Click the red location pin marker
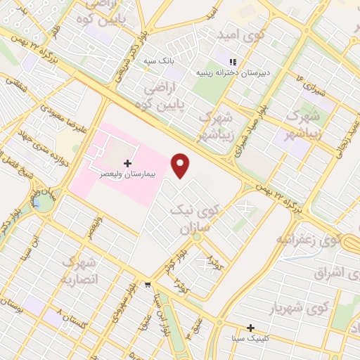(x=181, y=165)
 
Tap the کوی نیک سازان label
(x=196, y=217)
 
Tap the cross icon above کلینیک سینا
(x=250, y=328)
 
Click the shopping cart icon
(x=147, y=285)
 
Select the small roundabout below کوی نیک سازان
(x=197, y=237)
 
